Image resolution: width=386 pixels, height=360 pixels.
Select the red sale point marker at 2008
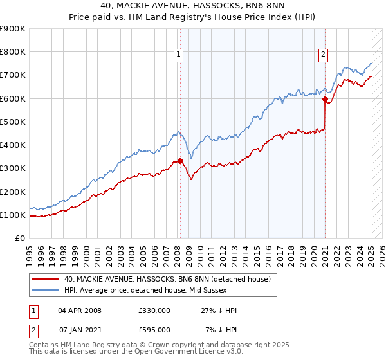tap(180, 161)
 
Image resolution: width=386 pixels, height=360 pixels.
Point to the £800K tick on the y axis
tap(13, 52)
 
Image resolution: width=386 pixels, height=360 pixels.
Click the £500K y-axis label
tap(13, 122)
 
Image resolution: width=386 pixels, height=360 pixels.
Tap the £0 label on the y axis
tap(19, 239)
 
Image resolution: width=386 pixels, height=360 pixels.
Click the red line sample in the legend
tap(46, 279)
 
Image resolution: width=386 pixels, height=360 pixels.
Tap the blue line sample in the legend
tap(46, 290)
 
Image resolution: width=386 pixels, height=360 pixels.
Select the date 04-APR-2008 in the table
tap(80, 310)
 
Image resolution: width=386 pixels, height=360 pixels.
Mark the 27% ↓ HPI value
tap(218, 310)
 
